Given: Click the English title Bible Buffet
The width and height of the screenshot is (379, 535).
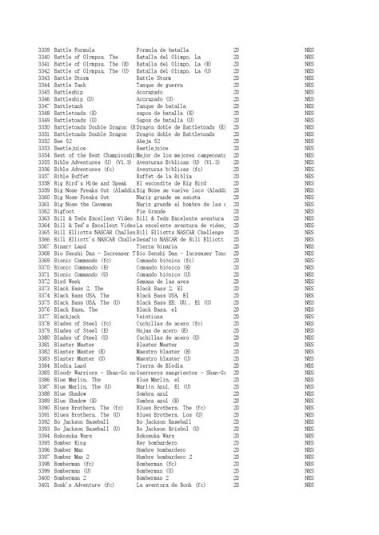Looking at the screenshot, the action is point(72,176).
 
